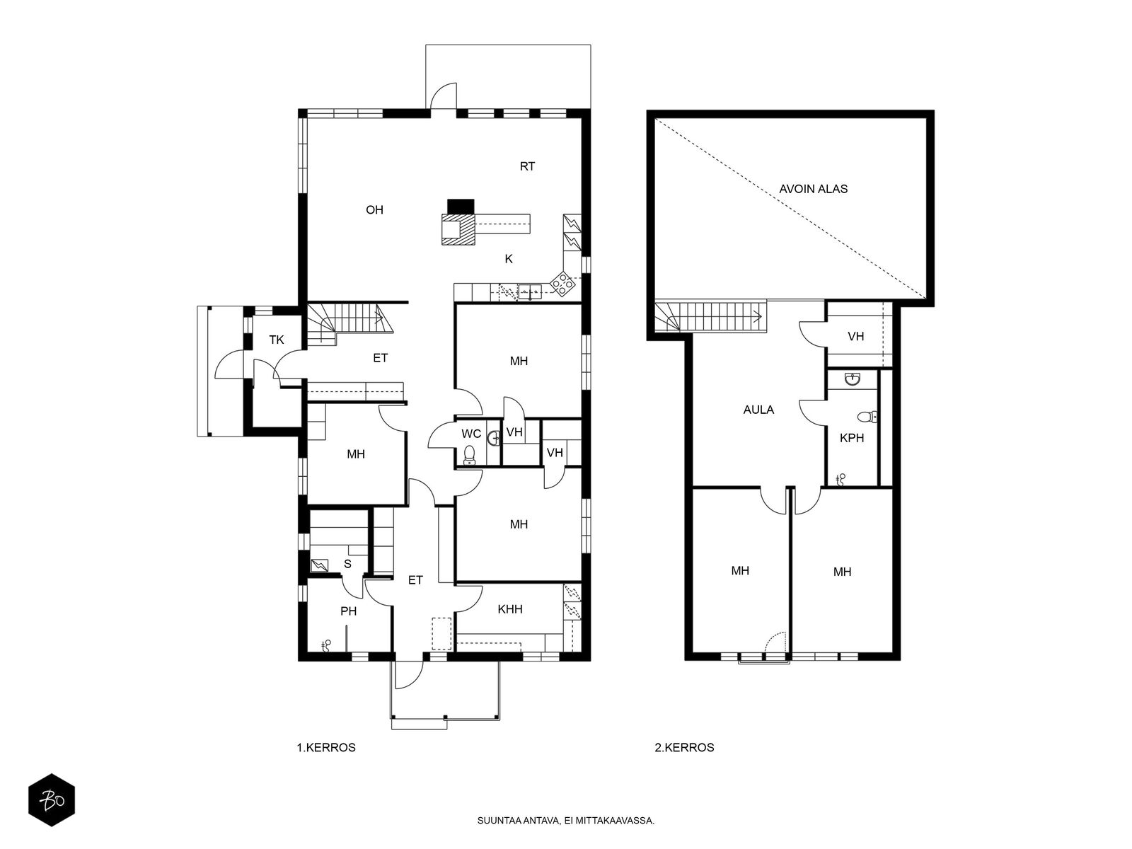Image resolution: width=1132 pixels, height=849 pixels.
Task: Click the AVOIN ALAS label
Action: coord(813,189)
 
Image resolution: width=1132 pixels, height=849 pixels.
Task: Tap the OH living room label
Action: coord(374,210)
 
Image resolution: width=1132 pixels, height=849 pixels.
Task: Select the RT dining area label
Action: coord(527,166)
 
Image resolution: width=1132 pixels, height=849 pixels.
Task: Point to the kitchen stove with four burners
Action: coord(562,283)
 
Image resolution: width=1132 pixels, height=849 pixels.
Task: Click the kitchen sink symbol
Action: coord(530,291)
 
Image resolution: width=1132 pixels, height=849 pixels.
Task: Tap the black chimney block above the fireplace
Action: coord(460,206)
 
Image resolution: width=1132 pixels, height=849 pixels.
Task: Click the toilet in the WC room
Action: coord(469,455)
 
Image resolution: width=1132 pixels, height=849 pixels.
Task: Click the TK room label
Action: coord(277,340)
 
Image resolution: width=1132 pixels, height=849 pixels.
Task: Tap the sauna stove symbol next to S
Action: coord(320,565)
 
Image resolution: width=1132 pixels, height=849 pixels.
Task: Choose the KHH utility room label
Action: coord(510,609)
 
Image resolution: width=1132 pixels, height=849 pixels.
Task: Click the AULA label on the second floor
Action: coord(758,410)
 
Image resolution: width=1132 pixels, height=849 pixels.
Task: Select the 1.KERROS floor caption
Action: coord(326,747)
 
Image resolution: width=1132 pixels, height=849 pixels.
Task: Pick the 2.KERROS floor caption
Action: coord(684,747)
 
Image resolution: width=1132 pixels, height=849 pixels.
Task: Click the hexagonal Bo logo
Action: coord(52,799)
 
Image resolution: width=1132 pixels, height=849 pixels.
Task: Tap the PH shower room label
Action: coord(349,611)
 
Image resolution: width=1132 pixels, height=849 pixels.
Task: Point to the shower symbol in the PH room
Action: coord(326,645)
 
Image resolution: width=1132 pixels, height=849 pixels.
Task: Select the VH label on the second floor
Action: coord(855,337)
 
